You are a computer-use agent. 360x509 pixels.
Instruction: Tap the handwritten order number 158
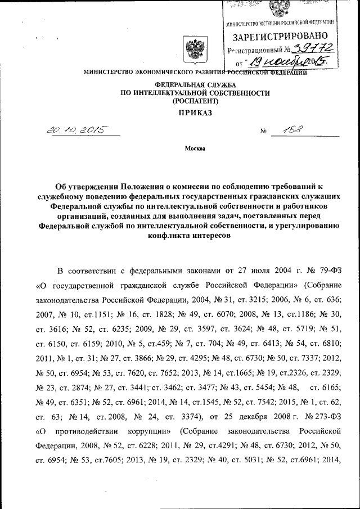[291, 131]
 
